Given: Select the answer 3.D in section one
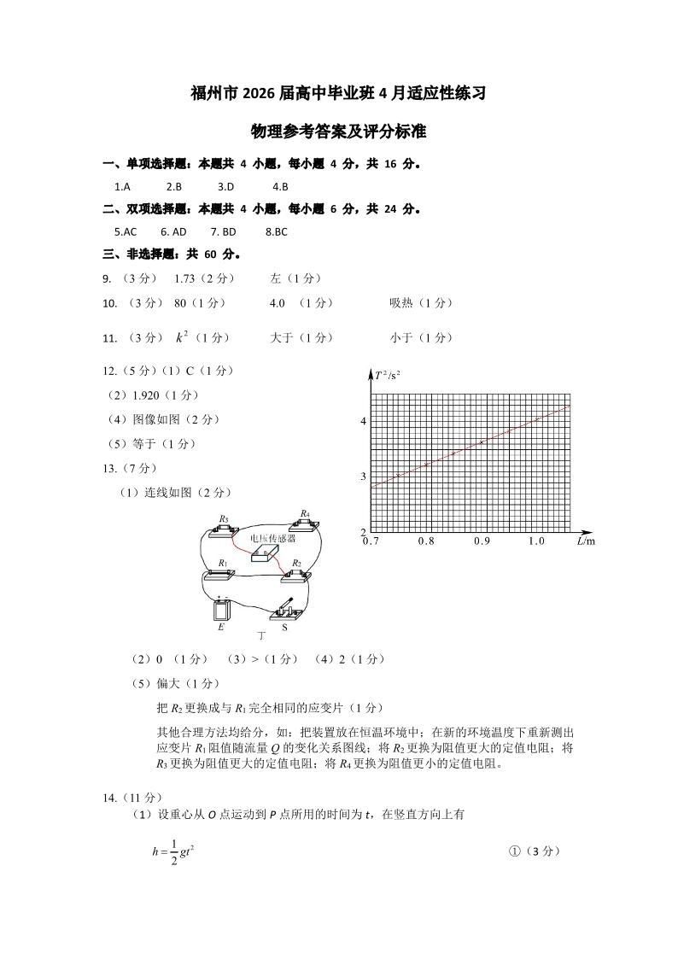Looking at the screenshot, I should click(225, 186).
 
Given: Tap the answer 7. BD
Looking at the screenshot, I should click(223, 231).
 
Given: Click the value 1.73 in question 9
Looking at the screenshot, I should click(186, 278).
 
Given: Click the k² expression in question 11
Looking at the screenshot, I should click(181, 337).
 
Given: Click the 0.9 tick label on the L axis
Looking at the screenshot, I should click(482, 541).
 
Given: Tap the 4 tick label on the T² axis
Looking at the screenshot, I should click(363, 422).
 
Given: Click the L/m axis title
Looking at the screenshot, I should click(585, 541).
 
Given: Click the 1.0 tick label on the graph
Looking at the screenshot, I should click(536, 541).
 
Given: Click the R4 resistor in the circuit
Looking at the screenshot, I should click(303, 524).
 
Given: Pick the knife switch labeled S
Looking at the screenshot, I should click(285, 610).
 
